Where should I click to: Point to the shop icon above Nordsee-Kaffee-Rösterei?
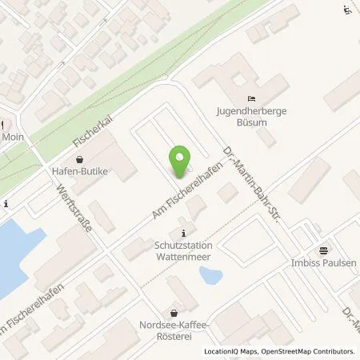pyautogui.click(x=174, y=313)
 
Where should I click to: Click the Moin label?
pyautogui.click(x=13, y=138)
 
